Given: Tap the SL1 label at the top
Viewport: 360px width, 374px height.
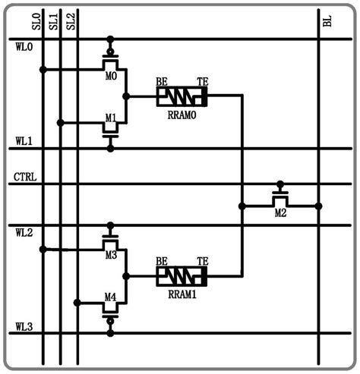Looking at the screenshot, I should pos(52,20).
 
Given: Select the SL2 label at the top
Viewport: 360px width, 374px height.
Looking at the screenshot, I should pos(71,20).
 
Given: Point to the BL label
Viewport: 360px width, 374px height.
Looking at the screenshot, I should pos(327,20).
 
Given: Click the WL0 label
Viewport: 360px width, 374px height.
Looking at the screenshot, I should pos(24,48).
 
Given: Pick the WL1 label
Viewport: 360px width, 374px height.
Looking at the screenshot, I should pos(24,141).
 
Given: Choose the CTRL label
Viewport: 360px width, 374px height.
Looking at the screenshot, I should pos(27,178).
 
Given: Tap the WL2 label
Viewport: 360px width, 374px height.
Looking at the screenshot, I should pos(24,231).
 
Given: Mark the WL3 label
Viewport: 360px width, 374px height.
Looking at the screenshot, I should pos(24,326).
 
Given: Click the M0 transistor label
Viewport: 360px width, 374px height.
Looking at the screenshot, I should pos(110,76).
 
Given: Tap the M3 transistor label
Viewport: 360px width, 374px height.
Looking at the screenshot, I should pos(110,255).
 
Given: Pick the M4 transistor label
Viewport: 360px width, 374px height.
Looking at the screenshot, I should pos(110,297).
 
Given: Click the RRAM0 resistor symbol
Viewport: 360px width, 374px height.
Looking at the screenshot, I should pos(181,96).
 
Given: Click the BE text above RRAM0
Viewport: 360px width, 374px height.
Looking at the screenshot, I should pos(162,80).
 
